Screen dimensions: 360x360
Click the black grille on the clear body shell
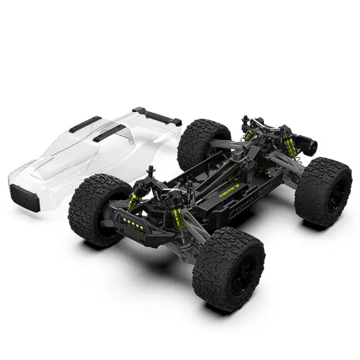tap(25, 197)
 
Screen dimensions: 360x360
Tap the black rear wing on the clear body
tap(157, 115)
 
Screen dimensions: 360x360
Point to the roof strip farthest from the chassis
tap(85, 124)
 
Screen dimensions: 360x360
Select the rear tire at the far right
tap(323, 191)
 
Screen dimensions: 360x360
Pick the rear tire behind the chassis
tap(203, 144)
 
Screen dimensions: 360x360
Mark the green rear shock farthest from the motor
tap(249, 134)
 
